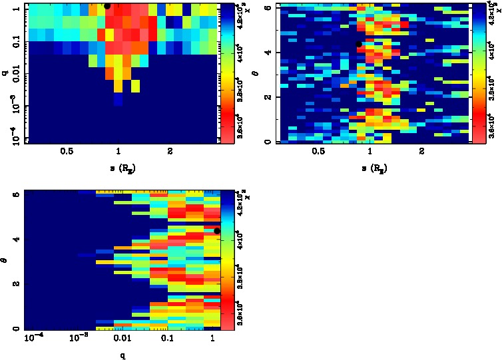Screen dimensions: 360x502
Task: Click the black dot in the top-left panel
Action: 107,6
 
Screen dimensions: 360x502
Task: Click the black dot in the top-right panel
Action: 359,45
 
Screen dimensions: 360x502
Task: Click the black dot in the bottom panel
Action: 217,231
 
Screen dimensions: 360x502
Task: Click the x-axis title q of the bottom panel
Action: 123,355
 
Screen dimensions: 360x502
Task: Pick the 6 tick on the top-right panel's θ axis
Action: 267,7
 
